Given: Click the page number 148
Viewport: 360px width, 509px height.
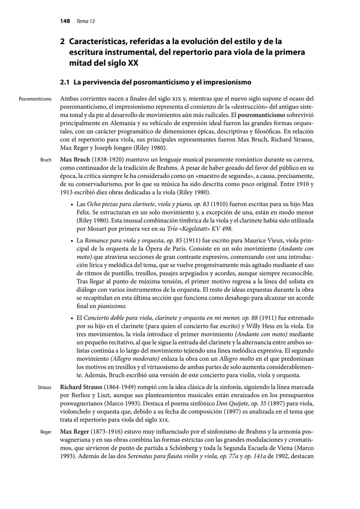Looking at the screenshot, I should pos(65,21).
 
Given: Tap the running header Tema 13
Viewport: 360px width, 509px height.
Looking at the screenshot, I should pos(86,21).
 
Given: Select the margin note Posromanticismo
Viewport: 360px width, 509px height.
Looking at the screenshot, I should pos(35,99).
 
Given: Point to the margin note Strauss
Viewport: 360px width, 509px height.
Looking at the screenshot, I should pos(44,387).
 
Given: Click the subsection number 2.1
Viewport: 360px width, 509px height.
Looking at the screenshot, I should pos(64,82).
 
